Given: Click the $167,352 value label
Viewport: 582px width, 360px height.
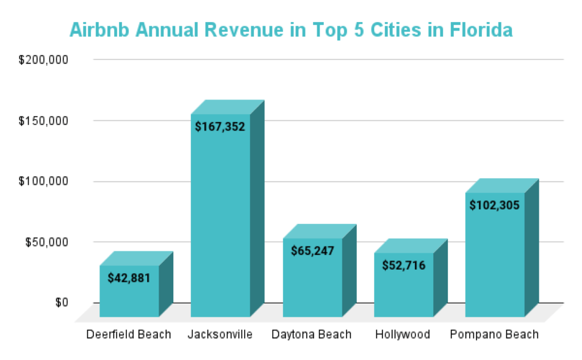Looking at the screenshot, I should (220, 127).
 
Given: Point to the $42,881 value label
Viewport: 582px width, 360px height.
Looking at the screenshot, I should (129, 278).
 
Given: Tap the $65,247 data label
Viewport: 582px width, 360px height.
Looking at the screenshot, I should (312, 251).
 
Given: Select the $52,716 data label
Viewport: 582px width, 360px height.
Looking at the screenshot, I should (403, 265).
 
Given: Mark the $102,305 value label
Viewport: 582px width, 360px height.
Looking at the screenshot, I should (495, 206).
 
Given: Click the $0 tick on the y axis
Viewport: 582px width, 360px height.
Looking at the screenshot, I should (62, 303).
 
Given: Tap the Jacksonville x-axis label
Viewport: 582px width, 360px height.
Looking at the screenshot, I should (220, 334).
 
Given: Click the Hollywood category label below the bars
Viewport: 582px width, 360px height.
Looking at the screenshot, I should (403, 334).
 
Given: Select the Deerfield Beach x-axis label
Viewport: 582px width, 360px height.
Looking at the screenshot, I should (129, 334).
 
